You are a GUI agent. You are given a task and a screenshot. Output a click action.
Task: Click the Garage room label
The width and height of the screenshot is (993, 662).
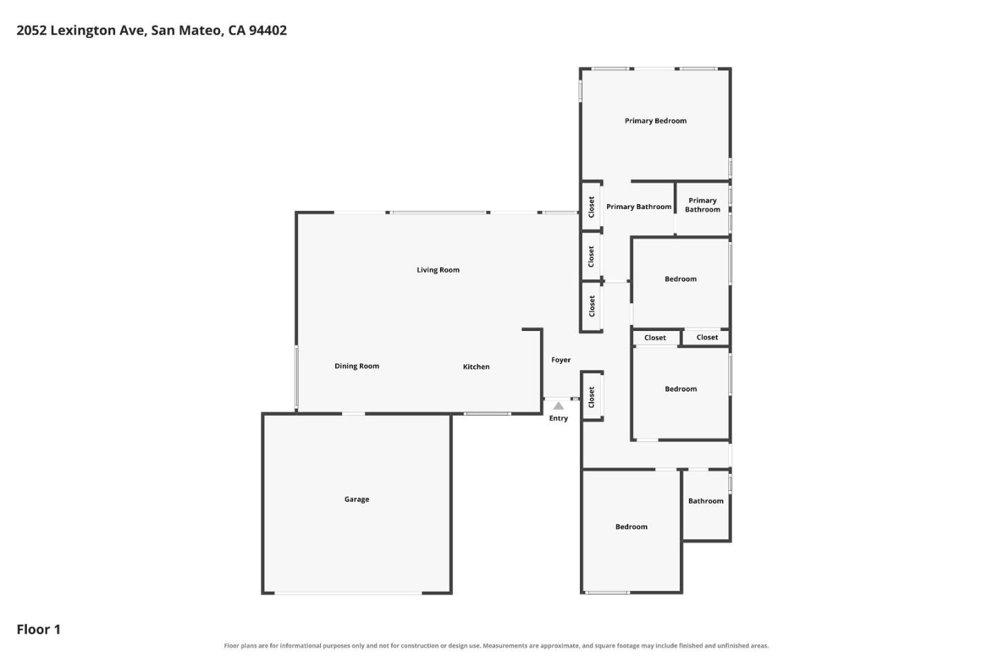[x=357, y=499]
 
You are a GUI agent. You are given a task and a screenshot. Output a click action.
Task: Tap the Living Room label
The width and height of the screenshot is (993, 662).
[x=438, y=270]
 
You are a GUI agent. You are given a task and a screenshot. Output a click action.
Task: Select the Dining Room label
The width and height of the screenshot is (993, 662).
[x=357, y=365]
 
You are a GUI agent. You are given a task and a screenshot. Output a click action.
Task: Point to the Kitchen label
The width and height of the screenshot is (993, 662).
[x=476, y=367]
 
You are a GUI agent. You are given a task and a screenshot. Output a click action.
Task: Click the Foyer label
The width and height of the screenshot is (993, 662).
[x=561, y=359]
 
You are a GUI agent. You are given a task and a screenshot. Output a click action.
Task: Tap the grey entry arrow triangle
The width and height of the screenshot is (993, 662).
[x=558, y=405]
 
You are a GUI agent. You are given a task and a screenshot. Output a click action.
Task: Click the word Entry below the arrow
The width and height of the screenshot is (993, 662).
[x=558, y=418]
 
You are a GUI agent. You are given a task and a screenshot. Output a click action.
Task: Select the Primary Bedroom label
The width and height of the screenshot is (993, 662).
[x=655, y=121]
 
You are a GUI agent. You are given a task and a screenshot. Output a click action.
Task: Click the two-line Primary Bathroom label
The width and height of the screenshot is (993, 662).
[x=702, y=205]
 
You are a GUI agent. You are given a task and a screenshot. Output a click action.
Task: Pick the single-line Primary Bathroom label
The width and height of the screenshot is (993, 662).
[x=639, y=207]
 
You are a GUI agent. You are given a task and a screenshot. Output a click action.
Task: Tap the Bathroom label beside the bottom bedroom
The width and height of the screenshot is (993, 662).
[x=705, y=501]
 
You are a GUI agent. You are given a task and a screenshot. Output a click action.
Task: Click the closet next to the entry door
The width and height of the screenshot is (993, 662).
[x=592, y=397]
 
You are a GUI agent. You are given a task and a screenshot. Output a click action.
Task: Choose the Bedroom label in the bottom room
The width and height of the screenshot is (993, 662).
[x=631, y=527]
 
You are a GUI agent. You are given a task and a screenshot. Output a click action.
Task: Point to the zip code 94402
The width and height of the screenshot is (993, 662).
[x=268, y=30]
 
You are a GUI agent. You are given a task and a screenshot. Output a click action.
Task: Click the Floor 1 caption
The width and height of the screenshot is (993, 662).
[x=39, y=629]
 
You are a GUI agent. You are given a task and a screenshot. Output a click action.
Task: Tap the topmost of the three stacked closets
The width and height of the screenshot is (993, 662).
[x=592, y=207]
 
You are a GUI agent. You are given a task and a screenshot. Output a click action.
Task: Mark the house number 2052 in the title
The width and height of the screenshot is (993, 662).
[x=32, y=30]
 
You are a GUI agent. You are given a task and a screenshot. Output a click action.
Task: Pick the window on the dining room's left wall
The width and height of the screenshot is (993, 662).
[x=297, y=377]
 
